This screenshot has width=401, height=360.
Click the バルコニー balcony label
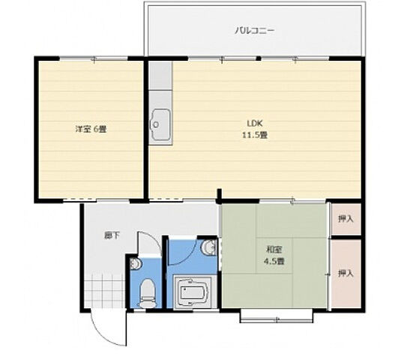click(x=254, y=31)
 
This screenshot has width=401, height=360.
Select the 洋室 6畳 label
click(x=90, y=129)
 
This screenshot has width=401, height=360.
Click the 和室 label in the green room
click(x=273, y=250)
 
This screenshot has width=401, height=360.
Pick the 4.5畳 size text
click(x=273, y=262)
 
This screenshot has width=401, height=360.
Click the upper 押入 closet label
click(x=345, y=219)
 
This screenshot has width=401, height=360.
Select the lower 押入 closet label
click(x=345, y=273)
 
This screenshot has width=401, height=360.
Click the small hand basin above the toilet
click(x=135, y=265)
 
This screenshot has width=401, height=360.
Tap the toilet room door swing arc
click(x=151, y=244)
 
